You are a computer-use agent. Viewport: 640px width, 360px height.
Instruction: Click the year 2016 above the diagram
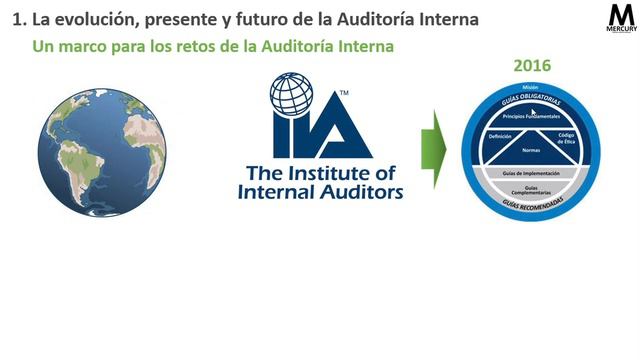pos(532,66)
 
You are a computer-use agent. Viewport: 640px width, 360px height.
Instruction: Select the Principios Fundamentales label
pos(531,116)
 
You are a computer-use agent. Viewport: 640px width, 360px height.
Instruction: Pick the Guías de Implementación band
pos(531,173)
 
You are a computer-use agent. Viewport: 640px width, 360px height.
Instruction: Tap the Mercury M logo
pos(622,17)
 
